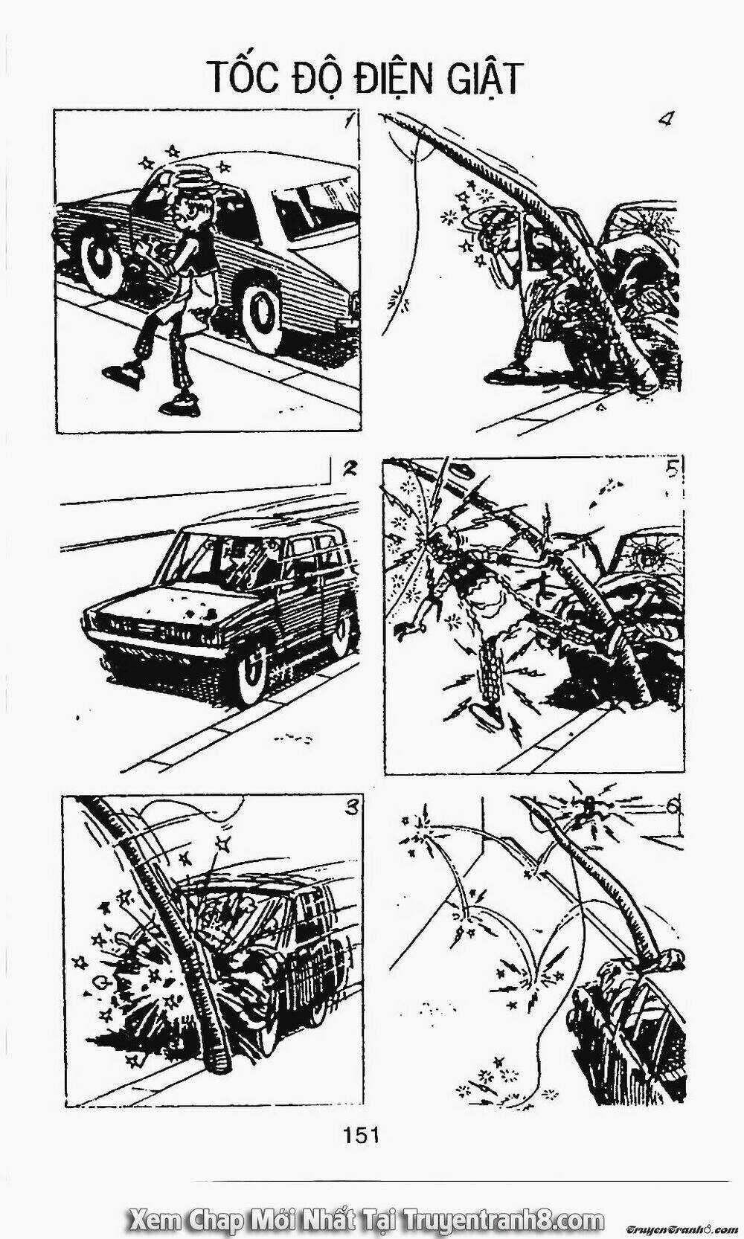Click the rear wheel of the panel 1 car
[103, 260]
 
